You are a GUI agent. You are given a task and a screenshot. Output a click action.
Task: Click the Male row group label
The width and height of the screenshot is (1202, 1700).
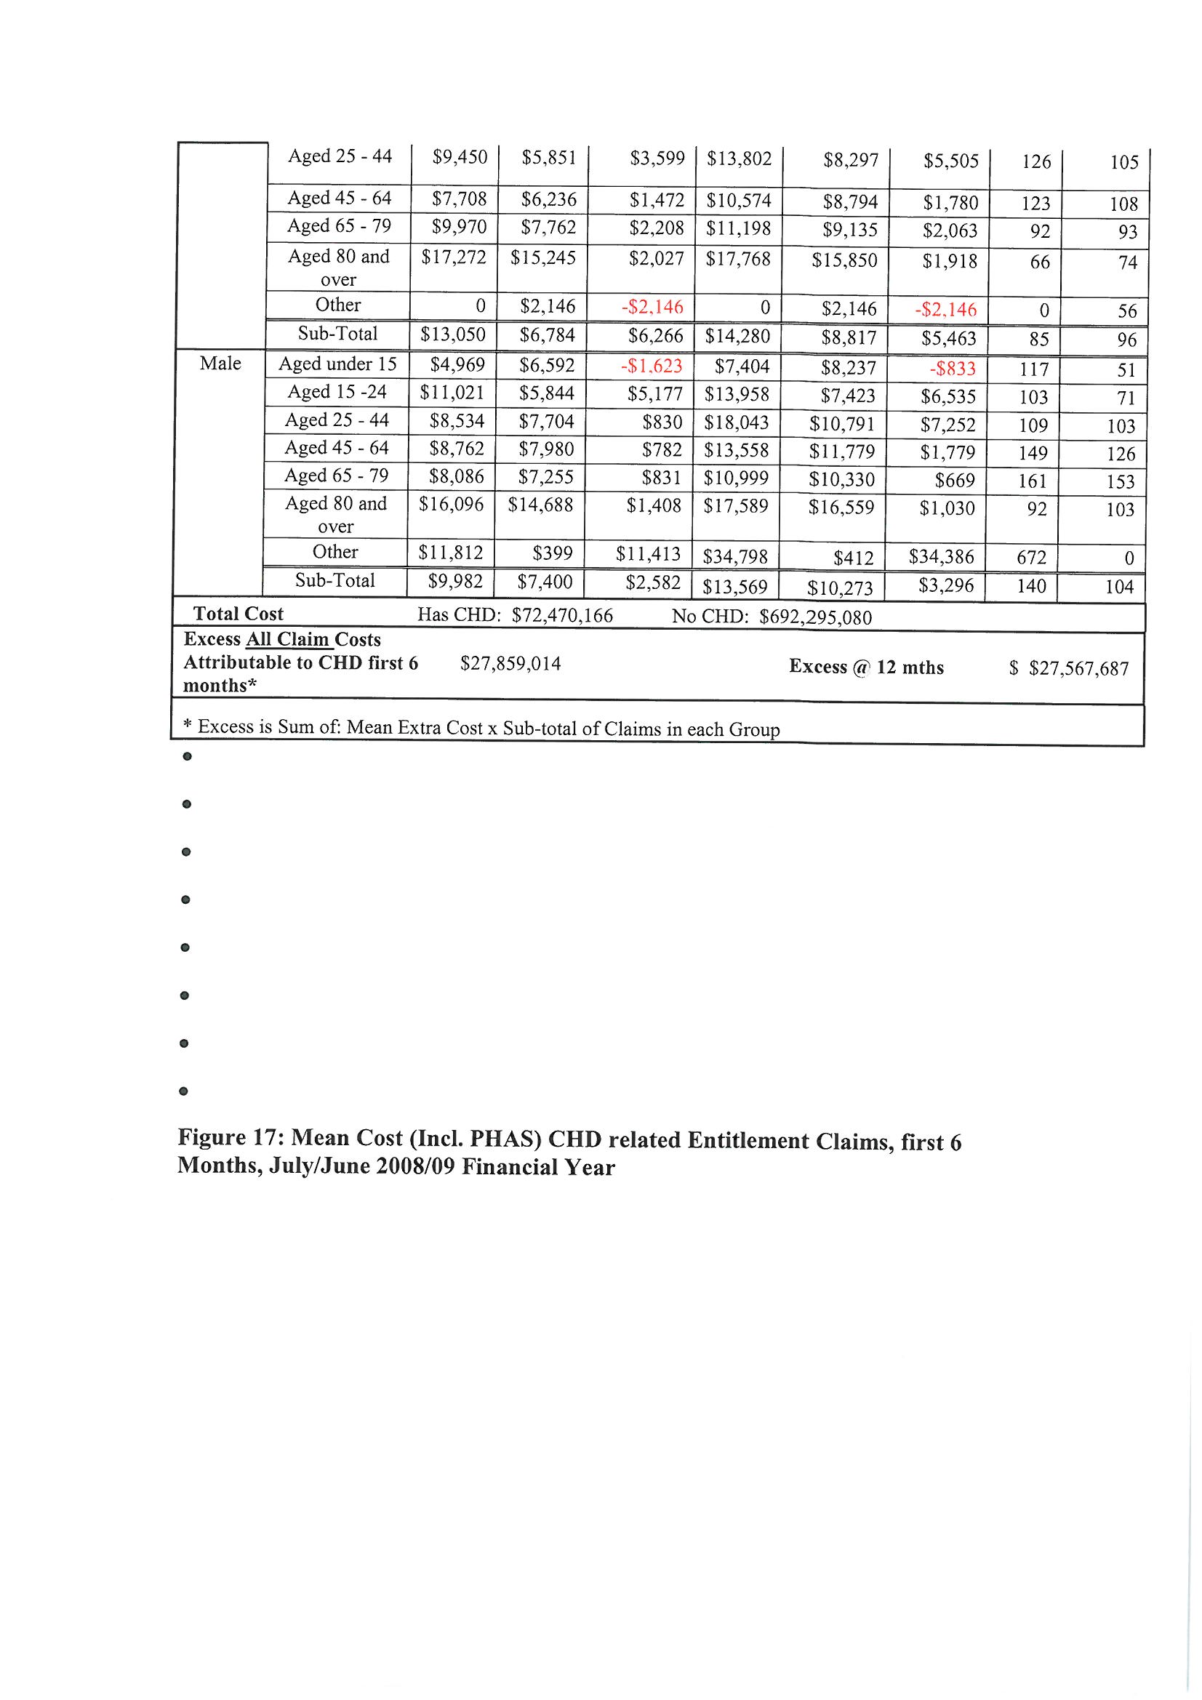tap(220, 364)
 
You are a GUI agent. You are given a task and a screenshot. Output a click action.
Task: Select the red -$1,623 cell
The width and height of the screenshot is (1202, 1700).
tap(651, 366)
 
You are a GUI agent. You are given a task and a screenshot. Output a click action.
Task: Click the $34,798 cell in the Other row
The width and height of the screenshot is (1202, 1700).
tap(735, 555)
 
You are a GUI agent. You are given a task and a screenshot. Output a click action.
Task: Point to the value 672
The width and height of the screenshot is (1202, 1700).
tap(1031, 558)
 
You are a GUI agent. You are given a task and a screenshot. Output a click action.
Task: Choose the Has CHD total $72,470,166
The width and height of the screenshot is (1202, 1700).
tap(562, 616)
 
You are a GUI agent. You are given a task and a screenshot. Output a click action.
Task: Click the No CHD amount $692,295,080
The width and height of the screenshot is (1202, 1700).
tap(815, 617)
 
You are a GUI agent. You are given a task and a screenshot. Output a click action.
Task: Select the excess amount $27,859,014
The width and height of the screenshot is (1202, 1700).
tap(510, 664)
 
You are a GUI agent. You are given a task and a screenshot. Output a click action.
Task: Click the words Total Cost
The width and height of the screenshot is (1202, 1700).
tap(238, 614)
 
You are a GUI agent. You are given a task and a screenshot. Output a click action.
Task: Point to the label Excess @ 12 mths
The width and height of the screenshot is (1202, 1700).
tap(866, 667)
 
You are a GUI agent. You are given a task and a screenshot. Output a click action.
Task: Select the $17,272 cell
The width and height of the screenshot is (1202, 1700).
tap(453, 257)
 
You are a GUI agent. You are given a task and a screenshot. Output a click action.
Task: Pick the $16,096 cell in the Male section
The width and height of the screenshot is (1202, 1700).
tap(451, 505)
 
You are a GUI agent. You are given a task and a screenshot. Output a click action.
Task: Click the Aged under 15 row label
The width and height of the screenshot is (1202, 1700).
tap(337, 364)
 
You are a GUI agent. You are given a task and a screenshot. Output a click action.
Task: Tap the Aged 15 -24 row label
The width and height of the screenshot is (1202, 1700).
tap(337, 392)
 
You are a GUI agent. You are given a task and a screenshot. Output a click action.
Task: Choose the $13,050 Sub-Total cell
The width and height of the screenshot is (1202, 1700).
tap(452, 334)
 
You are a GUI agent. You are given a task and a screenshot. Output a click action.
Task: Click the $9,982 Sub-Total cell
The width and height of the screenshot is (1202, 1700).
tap(455, 582)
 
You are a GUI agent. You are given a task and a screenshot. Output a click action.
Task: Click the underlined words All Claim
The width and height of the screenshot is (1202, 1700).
tap(288, 640)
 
